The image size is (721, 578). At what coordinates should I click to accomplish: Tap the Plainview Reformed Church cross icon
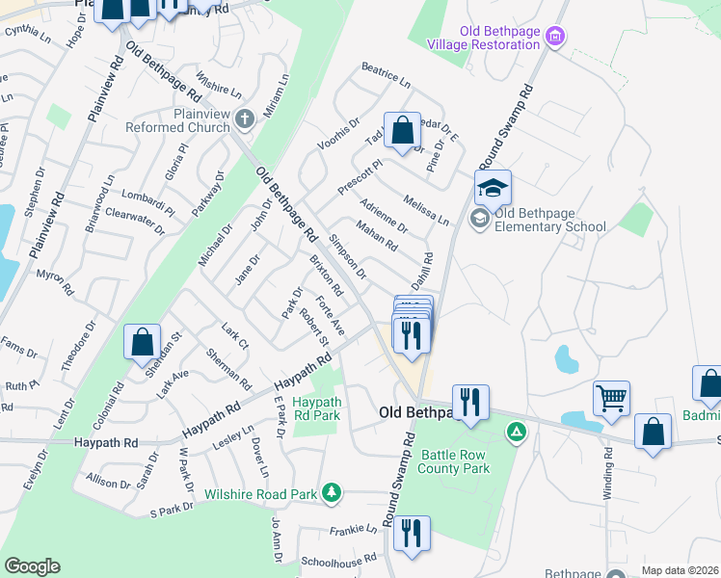[245, 119]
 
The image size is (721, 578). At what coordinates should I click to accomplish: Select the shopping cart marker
[612, 397]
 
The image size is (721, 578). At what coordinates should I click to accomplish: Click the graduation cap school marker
[493, 187]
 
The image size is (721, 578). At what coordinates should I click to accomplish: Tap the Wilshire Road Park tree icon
[332, 494]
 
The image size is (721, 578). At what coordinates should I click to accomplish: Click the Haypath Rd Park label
[317, 407]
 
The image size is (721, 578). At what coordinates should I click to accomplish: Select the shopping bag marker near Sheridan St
[143, 341]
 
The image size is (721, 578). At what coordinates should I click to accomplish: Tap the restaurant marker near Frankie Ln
[412, 533]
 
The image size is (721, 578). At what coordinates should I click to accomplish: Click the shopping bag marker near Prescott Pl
[403, 130]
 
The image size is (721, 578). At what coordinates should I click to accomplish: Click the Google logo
[32, 566]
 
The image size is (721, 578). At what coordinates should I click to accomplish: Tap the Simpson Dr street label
[347, 255]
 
